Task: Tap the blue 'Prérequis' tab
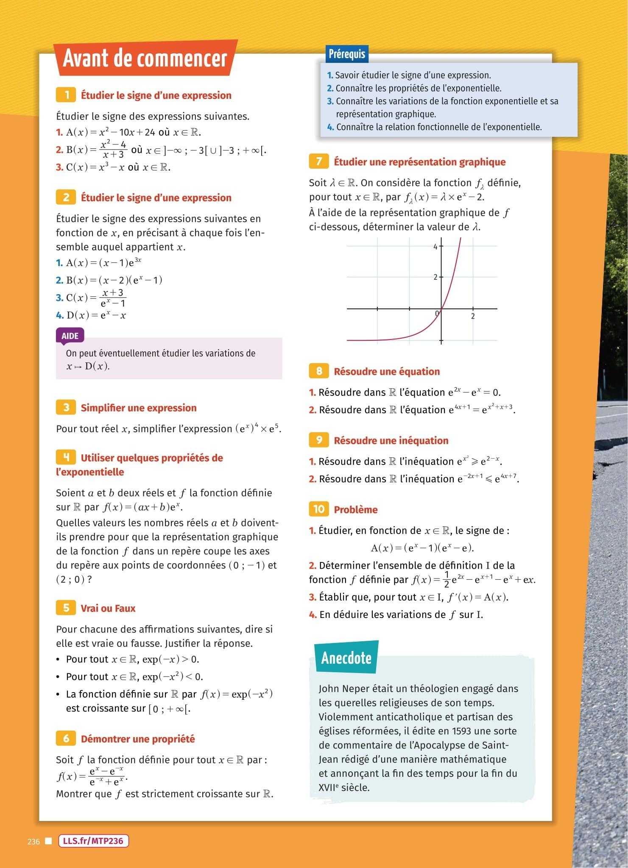pos(346,54)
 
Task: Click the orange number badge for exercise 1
pos(66,95)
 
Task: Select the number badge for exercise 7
pos(319,161)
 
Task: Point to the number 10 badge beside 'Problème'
pos(319,509)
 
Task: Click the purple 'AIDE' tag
pos(70,336)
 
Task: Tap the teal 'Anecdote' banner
pos(346,658)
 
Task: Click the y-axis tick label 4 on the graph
pos(435,246)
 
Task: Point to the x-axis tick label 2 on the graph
pos(473,316)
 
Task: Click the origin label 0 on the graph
pos(437,313)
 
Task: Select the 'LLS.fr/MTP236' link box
pos(93,841)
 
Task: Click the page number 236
pos(33,841)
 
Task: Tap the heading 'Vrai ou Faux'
pos(108,608)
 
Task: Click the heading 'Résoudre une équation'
pos(387,371)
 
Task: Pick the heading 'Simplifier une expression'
pos(139,408)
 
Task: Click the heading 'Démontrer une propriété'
pos(138,739)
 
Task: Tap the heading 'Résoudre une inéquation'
pos(391,440)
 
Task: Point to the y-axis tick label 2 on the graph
pos(435,277)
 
